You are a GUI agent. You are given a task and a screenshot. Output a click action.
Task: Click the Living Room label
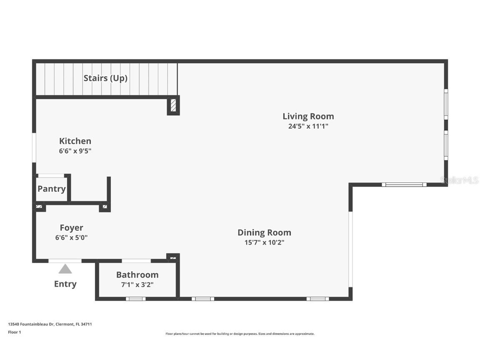pyautogui.click(x=308, y=116)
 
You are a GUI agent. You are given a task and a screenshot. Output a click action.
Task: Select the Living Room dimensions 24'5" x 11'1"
pyautogui.click(x=308, y=126)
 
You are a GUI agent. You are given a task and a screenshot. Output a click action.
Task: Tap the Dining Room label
pyautogui.click(x=264, y=232)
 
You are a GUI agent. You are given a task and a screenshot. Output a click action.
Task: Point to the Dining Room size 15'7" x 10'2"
pyautogui.click(x=264, y=242)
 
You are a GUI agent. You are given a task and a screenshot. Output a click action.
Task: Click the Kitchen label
pyautogui.click(x=75, y=141)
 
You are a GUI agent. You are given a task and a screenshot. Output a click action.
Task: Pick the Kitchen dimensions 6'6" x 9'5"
pyautogui.click(x=75, y=151)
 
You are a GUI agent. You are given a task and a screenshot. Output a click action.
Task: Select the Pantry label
pyautogui.click(x=52, y=189)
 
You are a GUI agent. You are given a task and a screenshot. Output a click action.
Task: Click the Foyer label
pyautogui.click(x=71, y=228)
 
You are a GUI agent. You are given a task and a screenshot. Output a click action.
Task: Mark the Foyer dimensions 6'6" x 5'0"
pyautogui.click(x=71, y=237)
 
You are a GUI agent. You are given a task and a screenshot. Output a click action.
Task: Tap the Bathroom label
pyautogui.click(x=137, y=275)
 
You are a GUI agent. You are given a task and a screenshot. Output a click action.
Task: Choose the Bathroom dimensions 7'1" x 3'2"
pyautogui.click(x=137, y=285)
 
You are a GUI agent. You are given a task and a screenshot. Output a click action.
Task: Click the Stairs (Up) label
pyautogui.click(x=105, y=78)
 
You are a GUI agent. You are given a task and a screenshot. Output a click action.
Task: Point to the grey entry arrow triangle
pyautogui.click(x=65, y=269)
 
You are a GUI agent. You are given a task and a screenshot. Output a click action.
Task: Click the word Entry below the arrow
pyautogui.click(x=65, y=284)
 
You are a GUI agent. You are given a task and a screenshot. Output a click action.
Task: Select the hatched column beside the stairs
pyautogui.click(x=173, y=106)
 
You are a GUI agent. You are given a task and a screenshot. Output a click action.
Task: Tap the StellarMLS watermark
pyautogui.click(x=459, y=180)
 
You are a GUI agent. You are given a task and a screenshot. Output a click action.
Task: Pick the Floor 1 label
pyautogui.click(x=14, y=332)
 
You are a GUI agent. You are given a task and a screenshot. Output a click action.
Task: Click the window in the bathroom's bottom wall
pyautogui.click(x=135, y=299)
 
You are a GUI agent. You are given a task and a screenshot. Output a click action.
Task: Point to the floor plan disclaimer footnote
pyautogui.click(x=240, y=334)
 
